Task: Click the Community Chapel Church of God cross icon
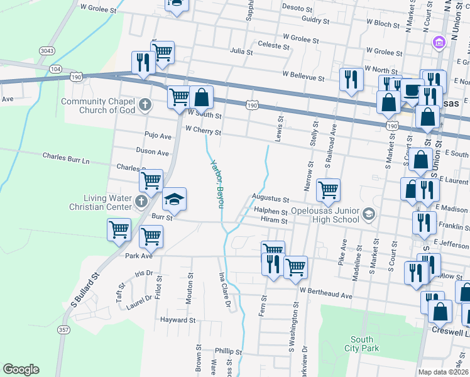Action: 145,104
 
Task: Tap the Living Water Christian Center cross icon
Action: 141,202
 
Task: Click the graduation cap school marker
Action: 175,200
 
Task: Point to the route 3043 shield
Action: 46,50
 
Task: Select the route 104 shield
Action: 55,68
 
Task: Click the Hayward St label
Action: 177,320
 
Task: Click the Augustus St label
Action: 270,198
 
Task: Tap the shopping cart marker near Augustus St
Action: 328,190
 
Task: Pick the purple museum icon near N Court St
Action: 439,43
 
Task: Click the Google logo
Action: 21,369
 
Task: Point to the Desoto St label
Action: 297,9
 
